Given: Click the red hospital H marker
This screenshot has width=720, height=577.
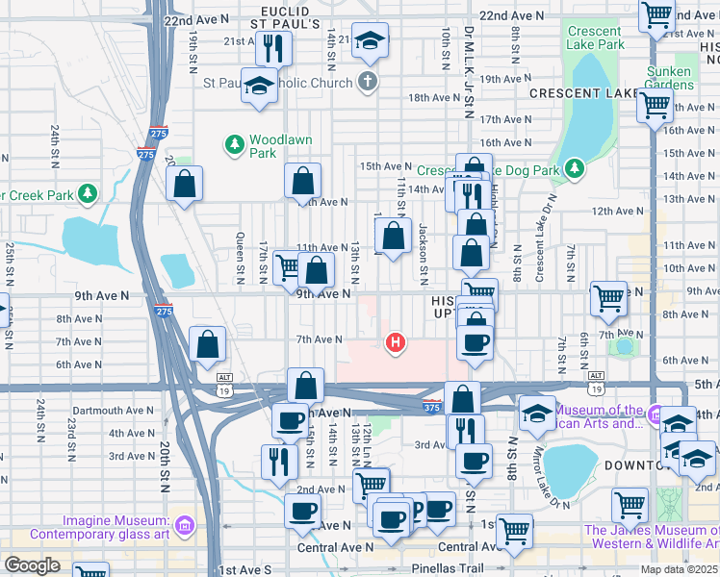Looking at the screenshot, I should pos(394,341).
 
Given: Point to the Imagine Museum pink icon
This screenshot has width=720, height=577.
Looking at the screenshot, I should pos(185,525).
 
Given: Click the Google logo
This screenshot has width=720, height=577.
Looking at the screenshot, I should pos(32,565).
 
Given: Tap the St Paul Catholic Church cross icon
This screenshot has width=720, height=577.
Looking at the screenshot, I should pos(367,81).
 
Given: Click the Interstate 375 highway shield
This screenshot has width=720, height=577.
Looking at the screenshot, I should pos(432,407).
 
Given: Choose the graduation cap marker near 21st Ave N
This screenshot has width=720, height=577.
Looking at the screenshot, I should pos(370,40).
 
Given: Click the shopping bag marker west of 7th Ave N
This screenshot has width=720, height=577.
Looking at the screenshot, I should pos(208,343).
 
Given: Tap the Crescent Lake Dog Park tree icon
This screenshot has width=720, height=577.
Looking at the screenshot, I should pos(575,169).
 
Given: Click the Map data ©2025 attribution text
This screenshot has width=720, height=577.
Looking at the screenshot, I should pos(679,569).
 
